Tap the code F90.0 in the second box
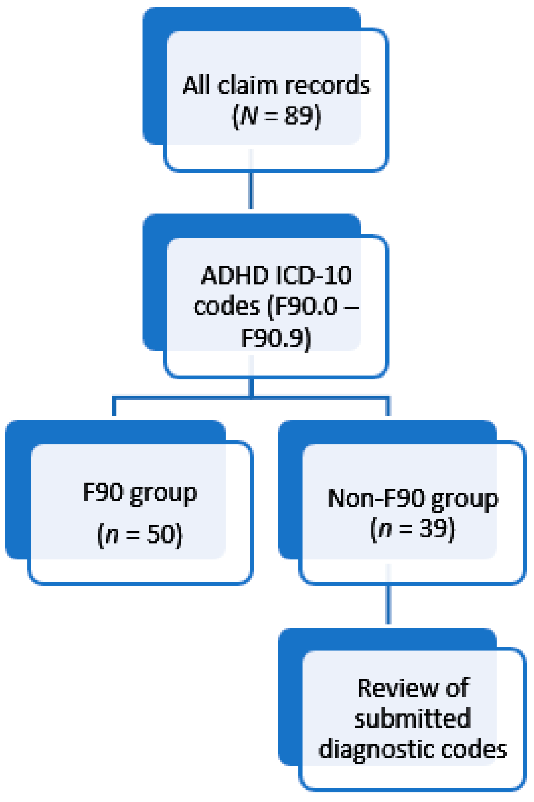(x=306, y=306)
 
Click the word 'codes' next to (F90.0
(x=227, y=306)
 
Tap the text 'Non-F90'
(x=376, y=498)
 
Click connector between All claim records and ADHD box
(x=251, y=191)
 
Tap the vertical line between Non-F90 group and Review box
(x=388, y=605)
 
